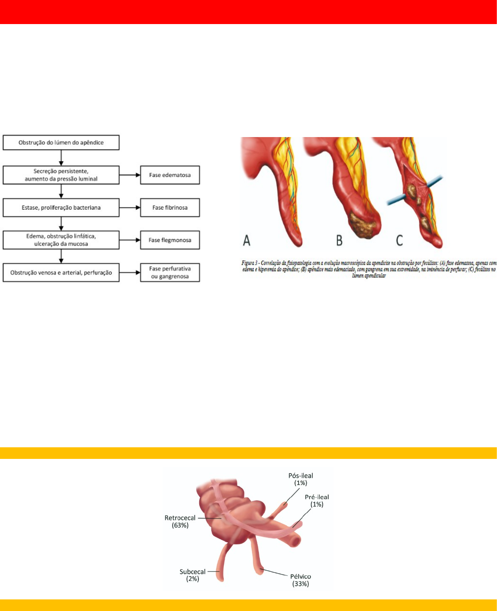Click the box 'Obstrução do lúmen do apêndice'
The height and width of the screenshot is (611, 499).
coord(61,143)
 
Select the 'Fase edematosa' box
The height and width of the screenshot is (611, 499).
coord(170,175)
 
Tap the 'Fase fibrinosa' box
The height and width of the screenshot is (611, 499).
coord(170,208)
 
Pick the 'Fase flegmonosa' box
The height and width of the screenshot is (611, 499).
coord(170,240)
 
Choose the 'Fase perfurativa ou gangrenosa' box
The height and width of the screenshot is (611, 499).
coord(170,272)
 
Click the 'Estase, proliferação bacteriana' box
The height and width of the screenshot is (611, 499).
coord(61,208)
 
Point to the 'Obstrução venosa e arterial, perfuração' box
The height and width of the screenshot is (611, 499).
coord(61,272)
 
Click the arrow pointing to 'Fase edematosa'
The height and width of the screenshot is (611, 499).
coord(130,175)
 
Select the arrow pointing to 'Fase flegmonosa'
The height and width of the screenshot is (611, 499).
coord(130,240)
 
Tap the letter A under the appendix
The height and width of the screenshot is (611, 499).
coord(246,240)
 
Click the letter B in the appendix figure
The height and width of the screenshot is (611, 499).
coord(339,240)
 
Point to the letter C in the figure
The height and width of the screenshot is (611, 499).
coord(399,240)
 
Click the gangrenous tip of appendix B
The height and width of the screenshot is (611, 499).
coord(363,225)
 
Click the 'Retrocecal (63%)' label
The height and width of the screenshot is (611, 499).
coord(180,521)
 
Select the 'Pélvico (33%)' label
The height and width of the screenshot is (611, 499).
coord(301,580)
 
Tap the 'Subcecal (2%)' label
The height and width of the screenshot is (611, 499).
coord(192,575)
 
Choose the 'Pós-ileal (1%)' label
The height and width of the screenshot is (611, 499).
coord(301,479)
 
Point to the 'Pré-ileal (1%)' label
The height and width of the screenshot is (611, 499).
coord(317,501)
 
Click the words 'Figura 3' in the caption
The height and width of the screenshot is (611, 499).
coord(250,263)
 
